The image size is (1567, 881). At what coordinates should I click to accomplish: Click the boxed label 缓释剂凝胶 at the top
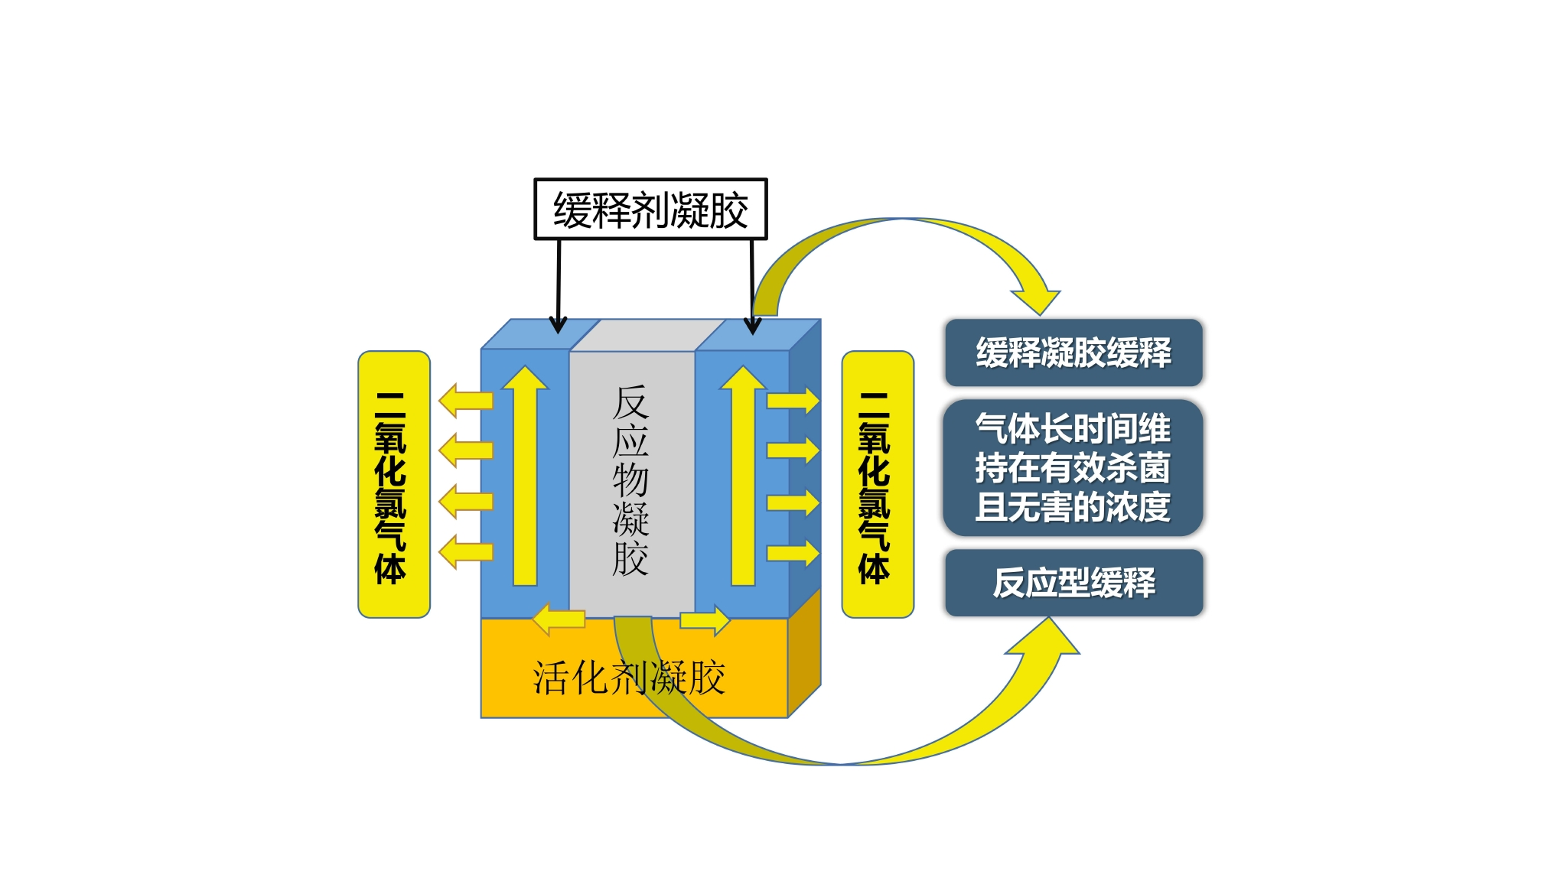[650, 210]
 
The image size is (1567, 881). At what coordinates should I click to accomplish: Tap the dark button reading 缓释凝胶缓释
[1073, 353]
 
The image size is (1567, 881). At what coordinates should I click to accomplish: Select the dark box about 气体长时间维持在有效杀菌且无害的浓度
[1073, 467]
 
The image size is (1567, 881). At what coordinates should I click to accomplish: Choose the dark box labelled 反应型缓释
[1073, 583]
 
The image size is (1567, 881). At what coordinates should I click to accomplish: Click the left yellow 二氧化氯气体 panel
[394, 484]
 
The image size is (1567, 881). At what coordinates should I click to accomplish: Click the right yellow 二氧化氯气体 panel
[878, 484]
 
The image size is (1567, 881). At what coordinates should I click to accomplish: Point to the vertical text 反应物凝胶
[630, 480]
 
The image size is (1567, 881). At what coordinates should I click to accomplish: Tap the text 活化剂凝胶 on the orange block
[629, 678]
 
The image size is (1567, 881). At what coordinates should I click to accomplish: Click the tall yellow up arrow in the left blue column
[525, 476]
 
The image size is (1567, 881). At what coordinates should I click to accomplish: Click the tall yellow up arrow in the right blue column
[743, 476]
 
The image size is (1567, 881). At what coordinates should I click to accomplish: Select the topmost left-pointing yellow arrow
[466, 400]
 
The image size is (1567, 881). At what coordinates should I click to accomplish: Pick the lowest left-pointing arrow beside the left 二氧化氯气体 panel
[466, 552]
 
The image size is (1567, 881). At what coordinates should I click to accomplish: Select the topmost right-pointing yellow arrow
[793, 400]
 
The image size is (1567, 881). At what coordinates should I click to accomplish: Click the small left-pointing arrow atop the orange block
[559, 619]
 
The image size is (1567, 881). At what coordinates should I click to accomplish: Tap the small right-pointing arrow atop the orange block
[705, 620]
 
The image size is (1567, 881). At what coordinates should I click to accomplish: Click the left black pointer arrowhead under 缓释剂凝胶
[559, 325]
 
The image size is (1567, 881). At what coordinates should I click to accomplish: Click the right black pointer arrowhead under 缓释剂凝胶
[753, 325]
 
